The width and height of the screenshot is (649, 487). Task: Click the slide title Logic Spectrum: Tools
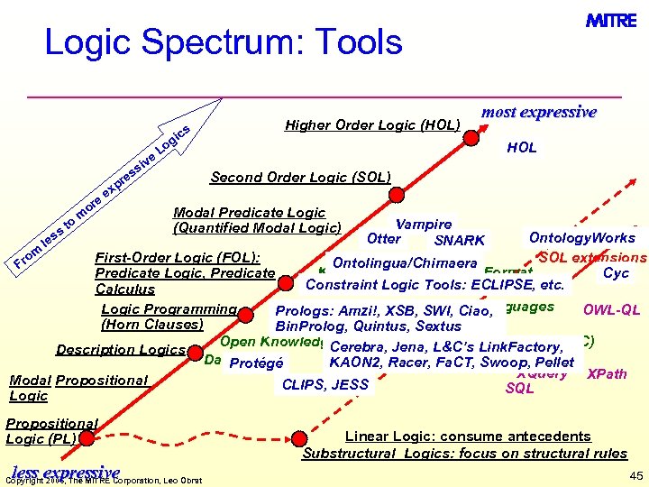[224, 42]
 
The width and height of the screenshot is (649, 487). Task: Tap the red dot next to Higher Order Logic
[471, 139]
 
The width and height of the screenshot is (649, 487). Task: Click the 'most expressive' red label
[538, 112]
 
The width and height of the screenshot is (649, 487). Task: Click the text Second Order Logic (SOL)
[300, 177]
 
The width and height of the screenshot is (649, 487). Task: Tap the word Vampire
[424, 224]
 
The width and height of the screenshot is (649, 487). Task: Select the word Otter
[384, 239]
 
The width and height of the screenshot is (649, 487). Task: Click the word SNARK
[459, 241]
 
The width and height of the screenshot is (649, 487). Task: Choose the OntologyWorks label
[581, 238]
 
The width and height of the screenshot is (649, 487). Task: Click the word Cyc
[616, 273]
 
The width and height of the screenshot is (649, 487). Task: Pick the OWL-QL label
[611, 310]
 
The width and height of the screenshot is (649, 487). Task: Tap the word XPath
[607, 373]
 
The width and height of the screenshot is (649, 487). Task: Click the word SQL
[520, 389]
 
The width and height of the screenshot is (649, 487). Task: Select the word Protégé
[256, 364]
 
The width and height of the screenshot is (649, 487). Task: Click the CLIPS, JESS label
[325, 385]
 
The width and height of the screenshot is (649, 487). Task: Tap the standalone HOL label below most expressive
[521, 148]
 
